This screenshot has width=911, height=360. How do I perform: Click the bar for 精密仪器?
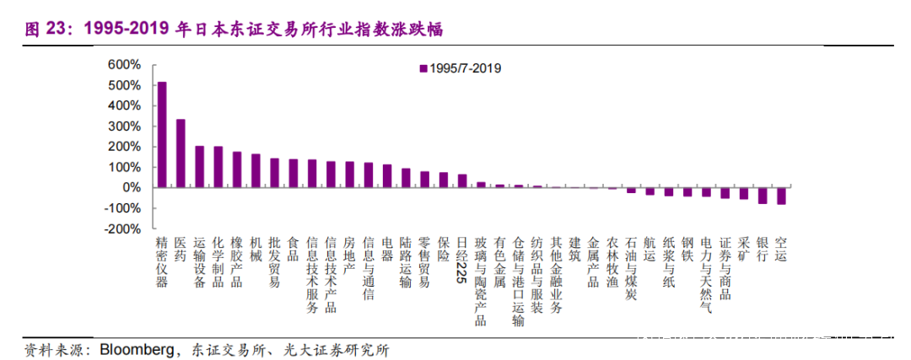point(162,134)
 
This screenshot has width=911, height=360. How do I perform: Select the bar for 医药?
point(181,153)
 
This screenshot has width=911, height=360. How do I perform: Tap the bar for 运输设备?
point(199,166)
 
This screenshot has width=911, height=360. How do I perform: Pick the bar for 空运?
point(781,196)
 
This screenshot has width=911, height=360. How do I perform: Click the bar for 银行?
point(763,195)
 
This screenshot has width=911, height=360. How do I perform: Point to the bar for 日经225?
point(462,180)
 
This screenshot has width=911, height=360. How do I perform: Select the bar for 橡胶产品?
point(237,169)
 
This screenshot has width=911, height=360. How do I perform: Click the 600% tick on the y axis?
point(123,65)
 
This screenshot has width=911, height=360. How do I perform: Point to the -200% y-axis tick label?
point(121,228)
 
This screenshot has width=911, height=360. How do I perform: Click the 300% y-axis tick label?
point(123,126)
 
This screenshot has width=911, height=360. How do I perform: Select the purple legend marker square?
point(423,68)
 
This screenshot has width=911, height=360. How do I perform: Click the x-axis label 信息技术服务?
point(312,275)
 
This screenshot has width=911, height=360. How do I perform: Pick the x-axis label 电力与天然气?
point(706,275)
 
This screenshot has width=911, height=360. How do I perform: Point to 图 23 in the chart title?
point(47,30)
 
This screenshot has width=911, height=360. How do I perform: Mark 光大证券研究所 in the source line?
point(341,348)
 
